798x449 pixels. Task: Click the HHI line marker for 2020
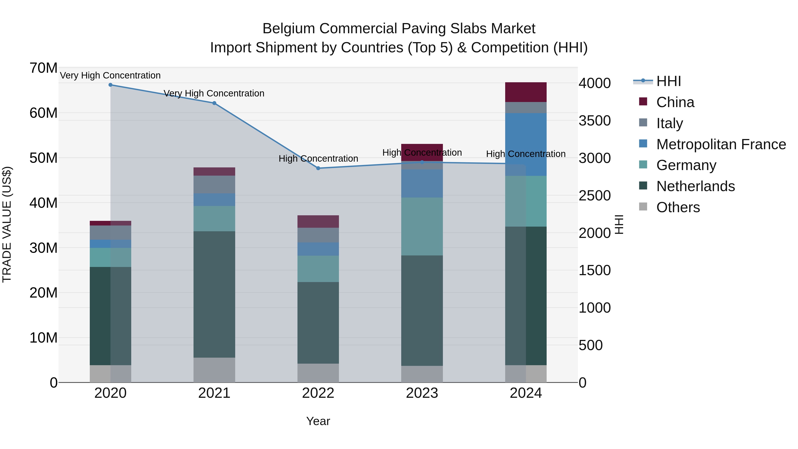pos(110,85)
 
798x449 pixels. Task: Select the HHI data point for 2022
pos(318,168)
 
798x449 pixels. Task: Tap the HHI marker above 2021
pos(214,103)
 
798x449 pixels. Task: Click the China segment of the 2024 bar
pos(526,92)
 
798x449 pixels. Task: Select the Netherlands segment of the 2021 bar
pos(214,294)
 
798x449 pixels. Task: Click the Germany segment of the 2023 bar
pos(422,227)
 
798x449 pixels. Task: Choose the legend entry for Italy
pos(669,123)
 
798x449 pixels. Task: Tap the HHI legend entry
pos(668,81)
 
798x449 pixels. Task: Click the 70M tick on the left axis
pos(43,68)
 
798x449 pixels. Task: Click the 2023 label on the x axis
pos(422,393)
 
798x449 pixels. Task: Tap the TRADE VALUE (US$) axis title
pos(7,224)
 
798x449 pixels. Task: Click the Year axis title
pos(318,421)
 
